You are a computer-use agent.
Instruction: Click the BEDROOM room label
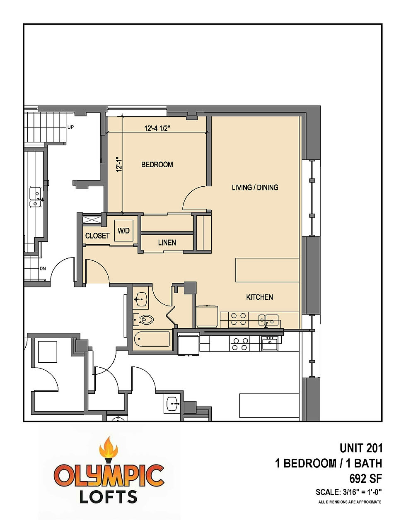[157, 165]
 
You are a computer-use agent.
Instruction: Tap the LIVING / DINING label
[255, 188]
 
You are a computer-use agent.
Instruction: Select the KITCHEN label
[259, 297]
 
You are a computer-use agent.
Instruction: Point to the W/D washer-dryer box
[123, 231]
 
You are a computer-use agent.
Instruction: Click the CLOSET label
[97, 236]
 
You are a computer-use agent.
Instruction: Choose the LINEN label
[167, 243]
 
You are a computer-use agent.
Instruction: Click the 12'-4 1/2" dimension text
[157, 128]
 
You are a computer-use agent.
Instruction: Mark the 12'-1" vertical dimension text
[118, 164]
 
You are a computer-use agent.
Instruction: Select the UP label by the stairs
[70, 127]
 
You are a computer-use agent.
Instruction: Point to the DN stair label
[43, 269]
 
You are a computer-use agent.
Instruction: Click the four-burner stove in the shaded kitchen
[239, 319]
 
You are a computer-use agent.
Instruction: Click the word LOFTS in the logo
[109, 496]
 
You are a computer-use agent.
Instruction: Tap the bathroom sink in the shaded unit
[141, 300]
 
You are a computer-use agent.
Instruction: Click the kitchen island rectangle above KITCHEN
[267, 270]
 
